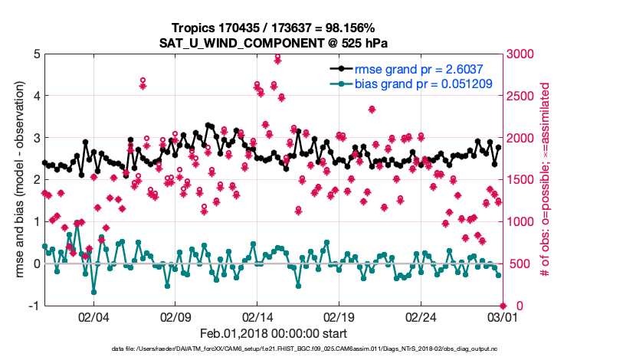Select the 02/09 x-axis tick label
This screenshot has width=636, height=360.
coord(175,316)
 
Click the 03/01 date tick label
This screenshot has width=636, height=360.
coord(503,316)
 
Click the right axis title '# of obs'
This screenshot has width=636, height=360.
coord(545,179)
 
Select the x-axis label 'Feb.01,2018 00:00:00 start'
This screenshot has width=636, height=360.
coord(274,333)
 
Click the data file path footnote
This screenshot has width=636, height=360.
coord(304,349)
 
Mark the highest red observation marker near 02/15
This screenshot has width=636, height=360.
coord(277,57)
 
